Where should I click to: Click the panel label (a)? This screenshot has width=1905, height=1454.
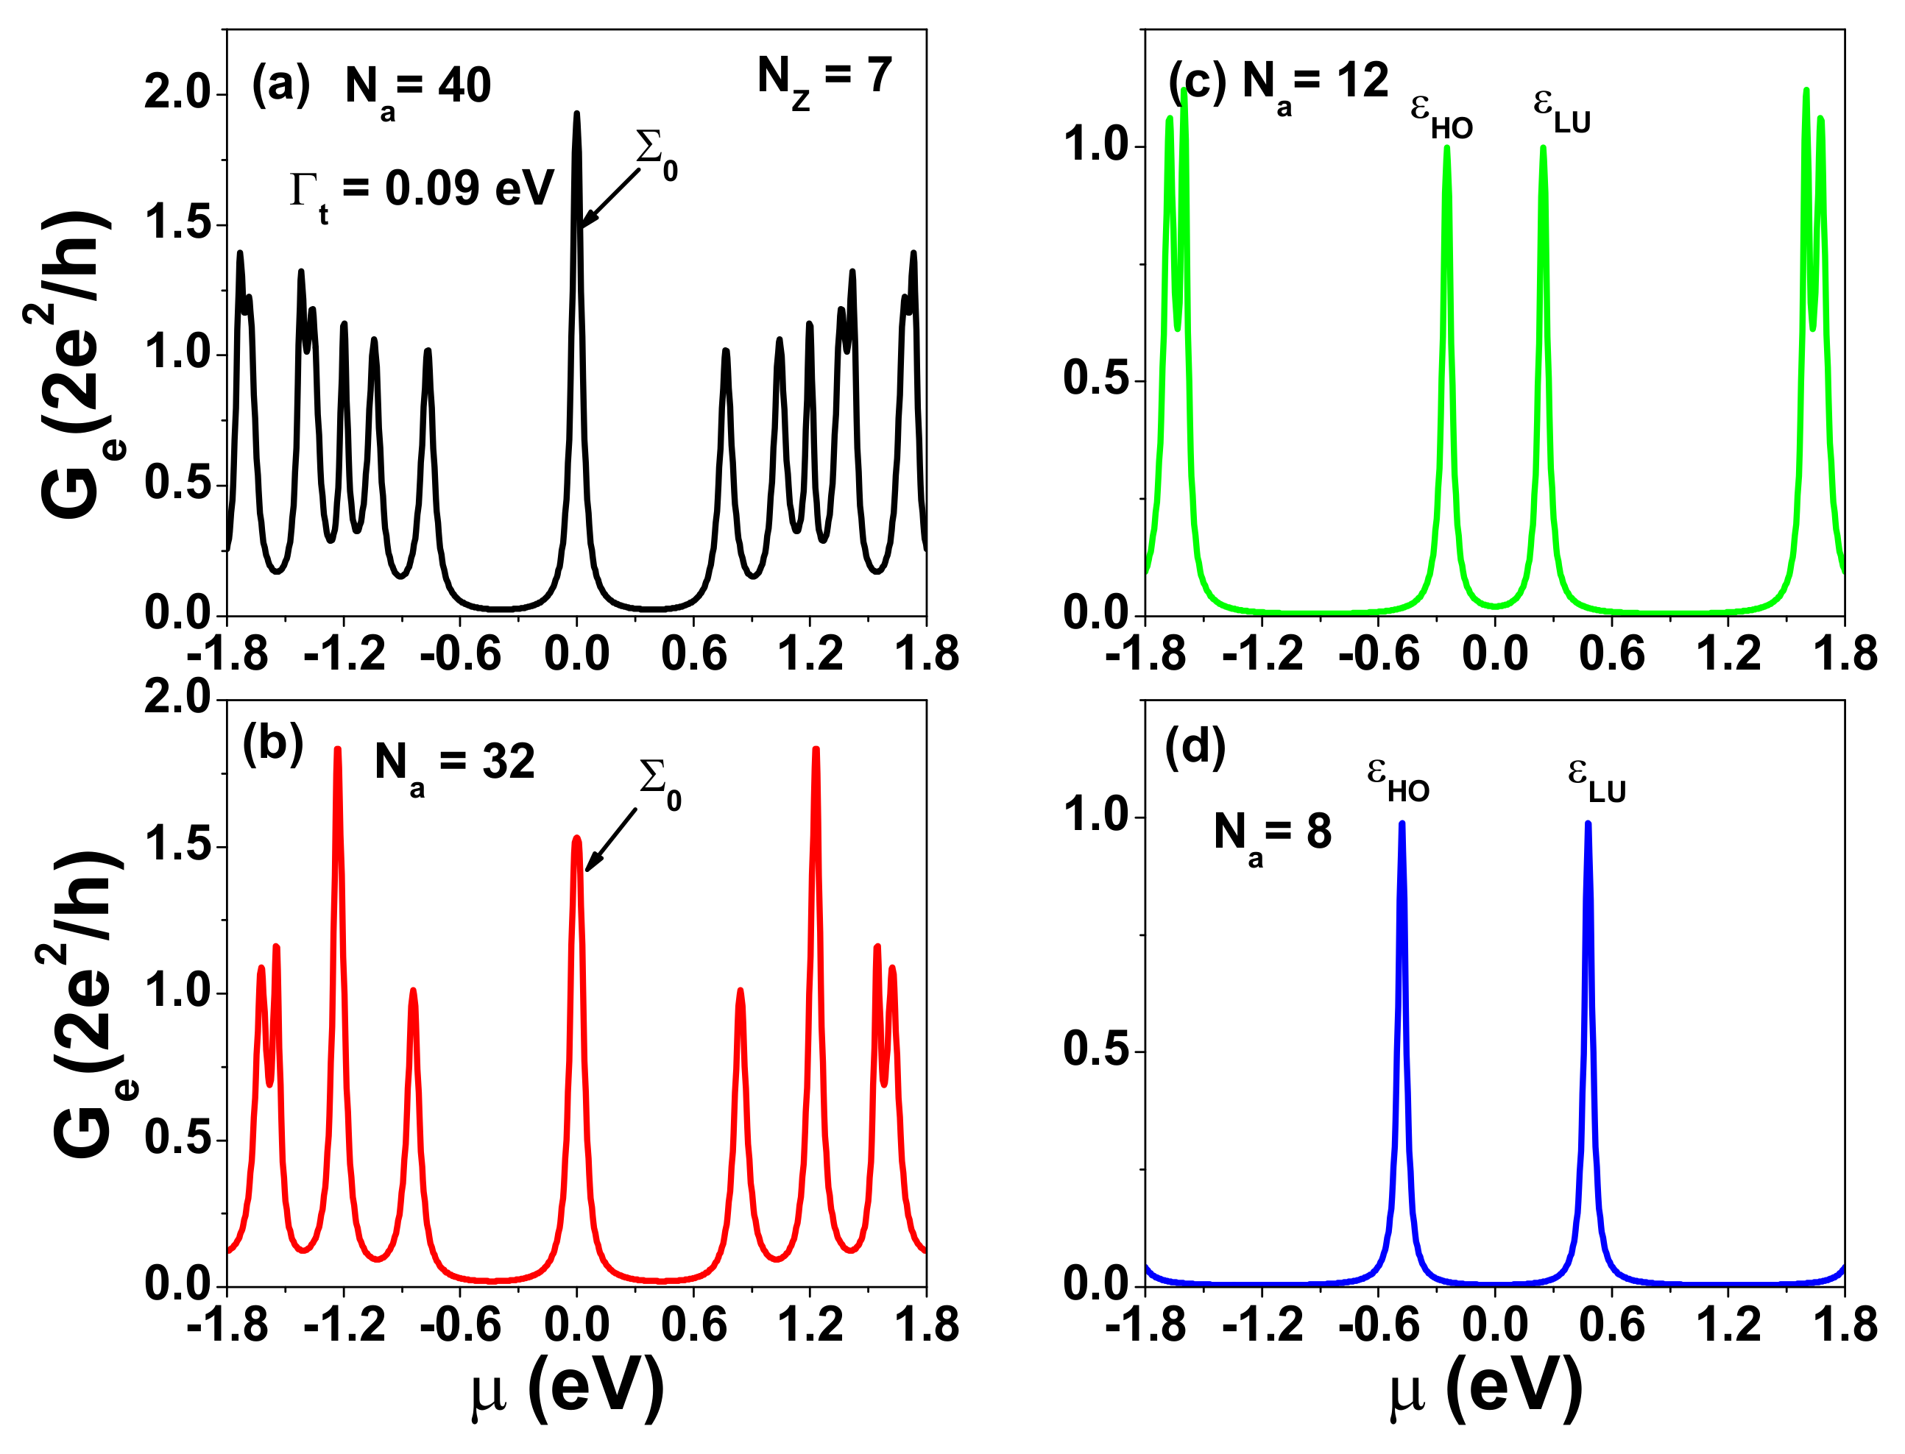(280, 85)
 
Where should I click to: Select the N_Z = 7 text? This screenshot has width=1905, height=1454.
(824, 79)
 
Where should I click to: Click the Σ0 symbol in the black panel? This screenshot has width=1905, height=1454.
(656, 152)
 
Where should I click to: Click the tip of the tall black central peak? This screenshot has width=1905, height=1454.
(576, 115)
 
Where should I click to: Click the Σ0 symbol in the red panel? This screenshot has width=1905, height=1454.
(659, 781)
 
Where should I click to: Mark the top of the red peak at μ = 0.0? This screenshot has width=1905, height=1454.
(576, 838)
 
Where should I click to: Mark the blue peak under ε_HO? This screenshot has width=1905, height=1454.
(1402, 825)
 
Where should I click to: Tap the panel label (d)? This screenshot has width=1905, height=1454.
(1195, 746)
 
